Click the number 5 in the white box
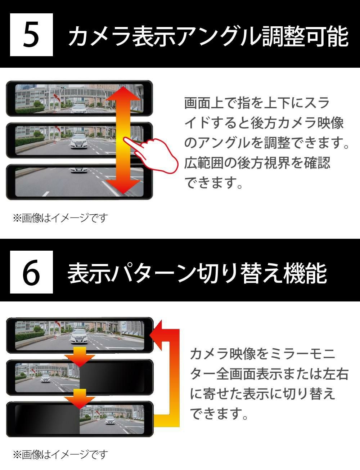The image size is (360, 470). [x=31, y=35]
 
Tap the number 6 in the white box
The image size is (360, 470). [x=31, y=272]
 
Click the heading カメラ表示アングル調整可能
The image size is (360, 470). [x=208, y=36]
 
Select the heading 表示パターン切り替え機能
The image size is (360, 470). [x=197, y=273]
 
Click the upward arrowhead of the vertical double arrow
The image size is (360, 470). [x=123, y=93]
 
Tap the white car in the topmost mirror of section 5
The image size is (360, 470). [x=79, y=108]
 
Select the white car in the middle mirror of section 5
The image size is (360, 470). [x=79, y=141]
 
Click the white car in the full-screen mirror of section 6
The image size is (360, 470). [x=80, y=336]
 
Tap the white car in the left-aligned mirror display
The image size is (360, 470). [x=45, y=378]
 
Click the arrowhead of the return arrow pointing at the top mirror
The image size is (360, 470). [x=156, y=335]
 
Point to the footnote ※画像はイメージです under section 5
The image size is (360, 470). [x=60, y=218]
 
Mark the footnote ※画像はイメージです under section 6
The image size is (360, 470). [x=60, y=455]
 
